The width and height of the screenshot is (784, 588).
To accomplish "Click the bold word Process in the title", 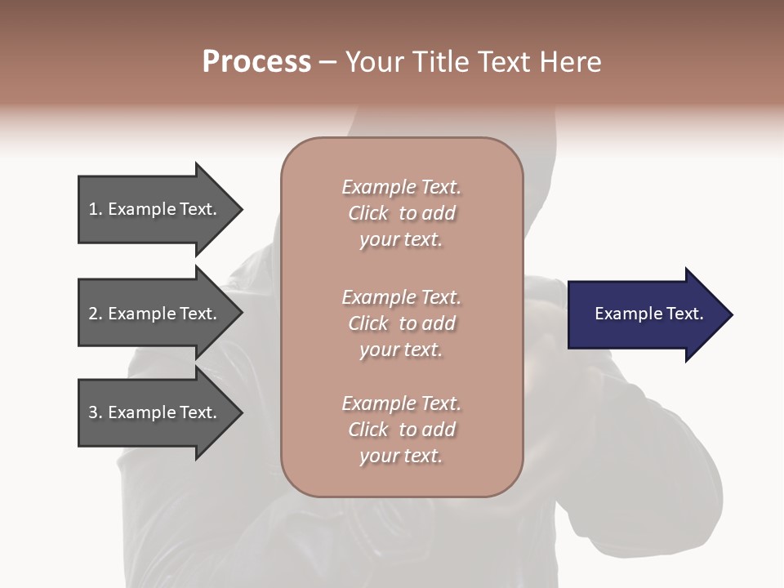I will point(256,62).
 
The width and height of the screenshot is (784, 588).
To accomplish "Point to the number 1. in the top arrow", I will point(96,210).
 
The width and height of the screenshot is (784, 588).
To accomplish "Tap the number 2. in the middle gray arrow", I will point(96,314).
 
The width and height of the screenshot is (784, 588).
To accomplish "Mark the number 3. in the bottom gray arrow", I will point(96,412).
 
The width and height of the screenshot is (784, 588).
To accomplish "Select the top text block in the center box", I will point(401,213).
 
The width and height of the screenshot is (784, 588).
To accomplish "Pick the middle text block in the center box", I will point(401,323).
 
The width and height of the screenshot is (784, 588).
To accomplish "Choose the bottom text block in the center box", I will point(401,430).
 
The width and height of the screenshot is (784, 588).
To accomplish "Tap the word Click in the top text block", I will point(368,213).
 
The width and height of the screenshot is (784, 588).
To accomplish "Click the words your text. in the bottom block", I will point(401,456).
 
